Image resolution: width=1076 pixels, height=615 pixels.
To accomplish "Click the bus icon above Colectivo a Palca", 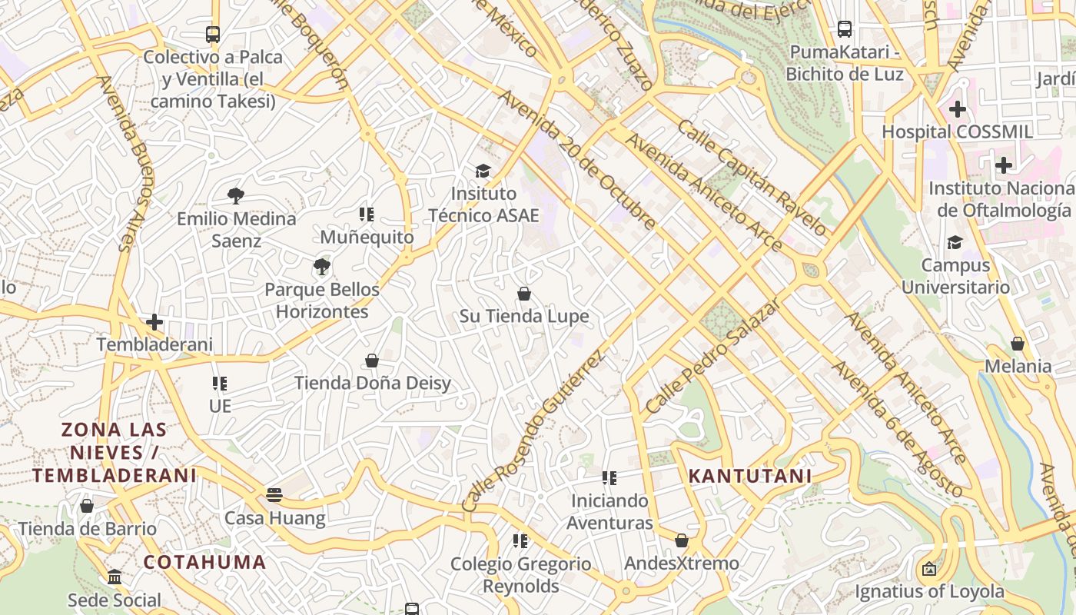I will point(213,35).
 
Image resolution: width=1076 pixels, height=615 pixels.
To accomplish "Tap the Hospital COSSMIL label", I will point(957,131).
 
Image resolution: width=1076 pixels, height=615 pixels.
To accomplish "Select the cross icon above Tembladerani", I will point(154,322).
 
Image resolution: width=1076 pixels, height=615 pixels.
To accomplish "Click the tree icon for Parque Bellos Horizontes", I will point(322,268).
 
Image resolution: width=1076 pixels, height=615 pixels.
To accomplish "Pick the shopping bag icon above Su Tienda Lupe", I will point(524,294).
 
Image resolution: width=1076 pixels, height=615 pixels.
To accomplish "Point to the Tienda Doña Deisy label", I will point(373,383).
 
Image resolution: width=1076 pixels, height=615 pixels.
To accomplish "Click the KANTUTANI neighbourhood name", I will point(749,476).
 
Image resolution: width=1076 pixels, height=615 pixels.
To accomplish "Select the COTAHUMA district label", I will point(204,562).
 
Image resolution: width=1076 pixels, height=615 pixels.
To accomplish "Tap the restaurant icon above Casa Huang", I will point(274,495).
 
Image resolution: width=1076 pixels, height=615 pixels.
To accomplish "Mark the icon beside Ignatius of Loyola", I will point(929,570).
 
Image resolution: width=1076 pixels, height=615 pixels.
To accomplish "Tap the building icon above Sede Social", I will point(115,577).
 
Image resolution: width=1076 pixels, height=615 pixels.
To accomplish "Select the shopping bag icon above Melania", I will point(1018,344).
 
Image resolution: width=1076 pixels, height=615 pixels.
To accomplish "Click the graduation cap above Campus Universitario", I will point(955,243).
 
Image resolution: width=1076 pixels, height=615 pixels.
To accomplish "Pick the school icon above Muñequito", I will point(367,214).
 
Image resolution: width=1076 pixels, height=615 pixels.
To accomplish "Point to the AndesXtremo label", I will point(681,563).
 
